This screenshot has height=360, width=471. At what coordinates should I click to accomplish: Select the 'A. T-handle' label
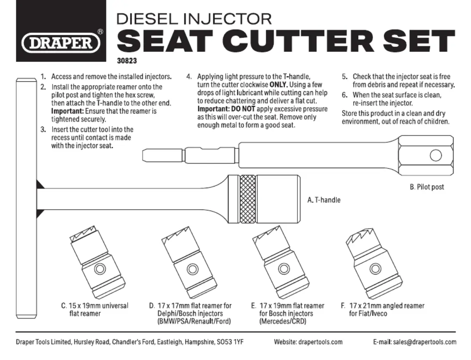tap(324, 200)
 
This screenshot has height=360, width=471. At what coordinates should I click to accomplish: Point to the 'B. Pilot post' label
tap(427, 187)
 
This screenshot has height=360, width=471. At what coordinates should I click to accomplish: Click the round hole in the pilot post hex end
tap(436, 156)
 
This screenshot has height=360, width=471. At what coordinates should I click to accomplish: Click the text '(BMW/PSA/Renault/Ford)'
tap(194, 322)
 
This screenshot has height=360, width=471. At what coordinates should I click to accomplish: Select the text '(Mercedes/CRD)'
tap(283, 322)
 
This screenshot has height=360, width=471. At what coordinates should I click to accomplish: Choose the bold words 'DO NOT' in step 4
tap(242, 109)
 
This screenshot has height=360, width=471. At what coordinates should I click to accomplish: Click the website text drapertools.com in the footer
tap(320, 342)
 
